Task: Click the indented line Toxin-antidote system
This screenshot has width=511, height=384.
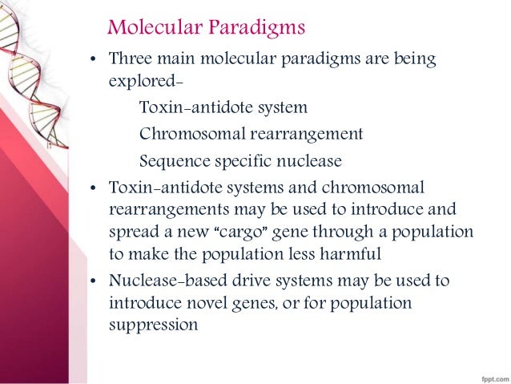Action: coord(223,107)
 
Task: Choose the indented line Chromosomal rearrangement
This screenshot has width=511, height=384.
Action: coord(251,134)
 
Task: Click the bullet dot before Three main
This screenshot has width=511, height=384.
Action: coord(94,61)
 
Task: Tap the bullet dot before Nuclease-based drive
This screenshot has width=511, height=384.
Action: coord(94,282)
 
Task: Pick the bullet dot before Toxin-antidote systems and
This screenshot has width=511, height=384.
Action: coord(94,189)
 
